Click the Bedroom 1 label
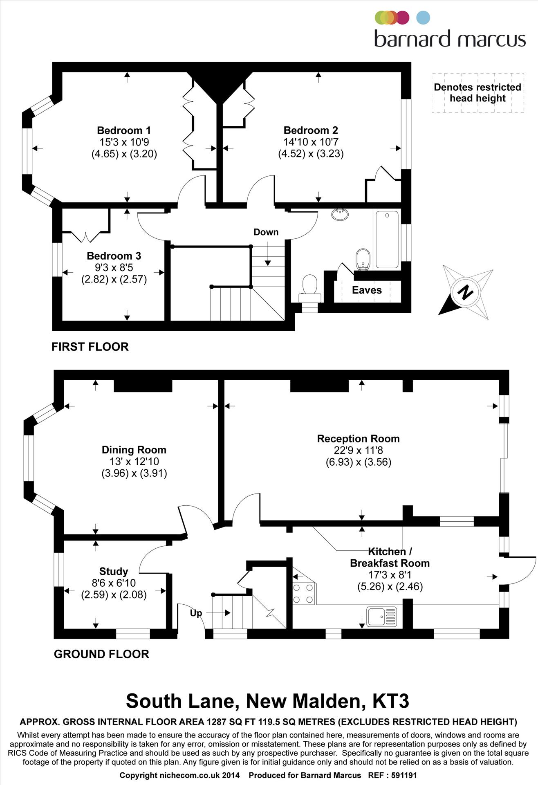click(x=124, y=130)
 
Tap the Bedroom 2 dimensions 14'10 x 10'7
click(x=311, y=142)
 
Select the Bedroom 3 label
click(x=114, y=256)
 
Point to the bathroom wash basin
click(x=340, y=214)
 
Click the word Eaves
click(x=367, y=290)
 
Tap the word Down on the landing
click(x=266, y=232)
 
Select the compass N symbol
click(x=465, y=292)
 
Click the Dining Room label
click(x=134, y=450)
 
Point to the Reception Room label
click(x=358, y=439)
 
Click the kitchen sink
click(x=381, y=617)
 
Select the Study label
click(x=114, y=571)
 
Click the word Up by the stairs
click(x=196, y=613)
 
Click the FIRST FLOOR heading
click(x=90, y=347)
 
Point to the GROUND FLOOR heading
click(x=101, y=654)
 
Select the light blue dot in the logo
click(x=423, y=18)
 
